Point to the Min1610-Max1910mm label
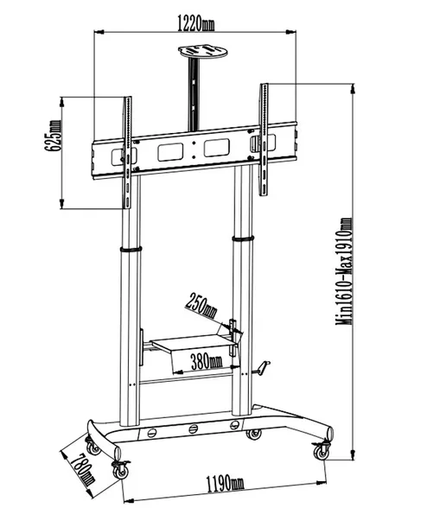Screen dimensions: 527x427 click(x=345, y=272)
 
